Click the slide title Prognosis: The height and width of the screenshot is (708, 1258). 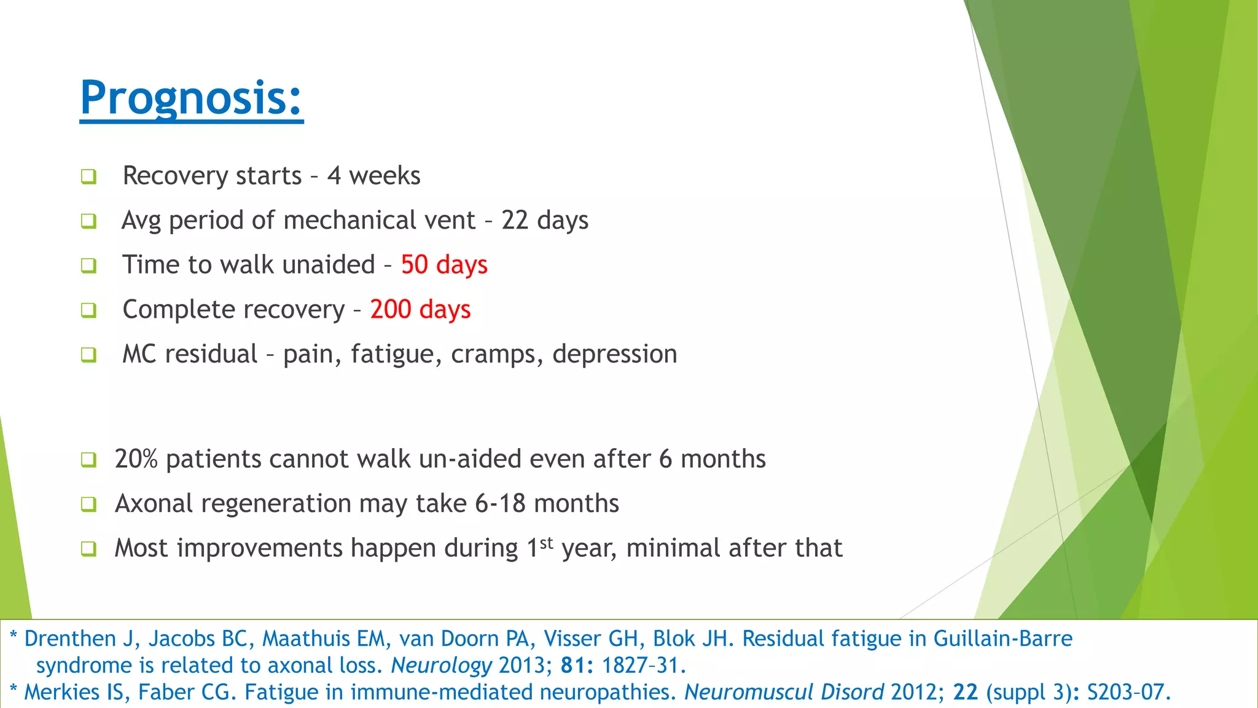[x=191, y=98]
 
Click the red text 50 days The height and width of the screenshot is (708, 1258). [x=444, y=265]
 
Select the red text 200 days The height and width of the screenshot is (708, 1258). [x=420, y=309]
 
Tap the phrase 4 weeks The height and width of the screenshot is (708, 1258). [x=373, y=176]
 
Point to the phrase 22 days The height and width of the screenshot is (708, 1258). [x=545, y=221]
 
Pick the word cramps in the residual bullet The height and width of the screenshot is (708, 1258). [x=497, y=355]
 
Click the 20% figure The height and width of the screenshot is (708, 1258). [x=136, y=459]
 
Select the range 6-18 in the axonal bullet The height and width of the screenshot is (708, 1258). [x=500, y=504]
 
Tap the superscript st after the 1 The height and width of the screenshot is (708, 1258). [x=547, y=543]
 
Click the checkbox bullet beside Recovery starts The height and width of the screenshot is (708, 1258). [x=89, y=177]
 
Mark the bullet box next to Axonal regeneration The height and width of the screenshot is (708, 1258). [x=89, y=505]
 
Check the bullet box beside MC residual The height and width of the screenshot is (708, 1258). [x=89, y=355]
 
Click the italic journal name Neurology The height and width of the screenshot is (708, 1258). [x=441, y=666]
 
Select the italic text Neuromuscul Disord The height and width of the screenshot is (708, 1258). [x=784, y=693]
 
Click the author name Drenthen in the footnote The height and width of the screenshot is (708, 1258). [x=70, y=639]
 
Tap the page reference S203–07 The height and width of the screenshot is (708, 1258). [x=1128, y=693]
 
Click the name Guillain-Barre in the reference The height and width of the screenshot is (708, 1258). [x=1002, y=639]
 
